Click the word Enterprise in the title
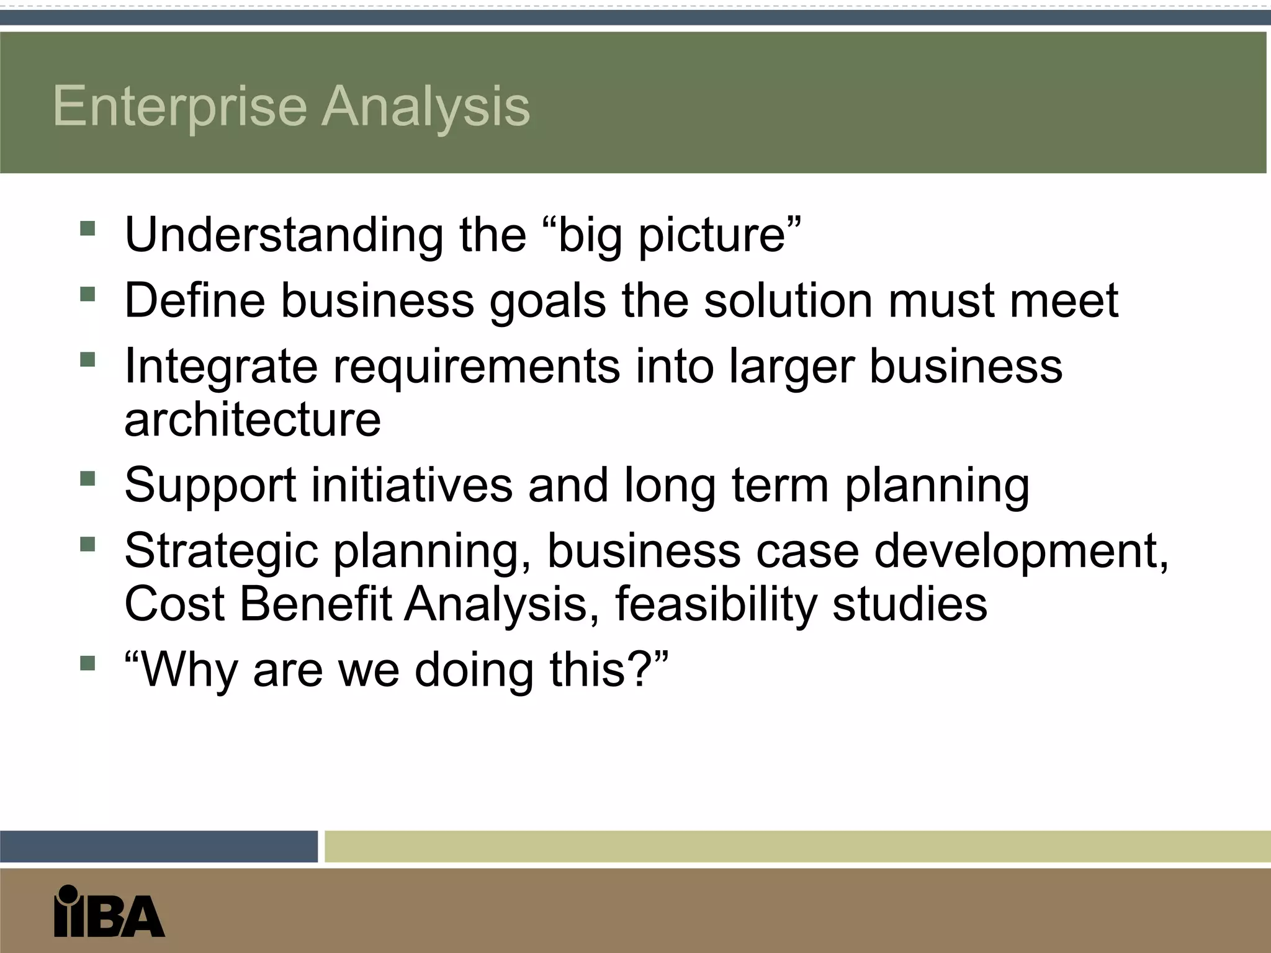point(180,107)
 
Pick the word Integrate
point(221,366)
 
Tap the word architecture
point(253,419)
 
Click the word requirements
point(477,366)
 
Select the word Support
point(210,486)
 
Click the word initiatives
point(411,485)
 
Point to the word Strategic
point(221,551)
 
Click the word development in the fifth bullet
point(1021,551)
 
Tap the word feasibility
point(716,604)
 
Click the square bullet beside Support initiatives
point(88,478)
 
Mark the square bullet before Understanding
point(88,228)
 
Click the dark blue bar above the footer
point(158,846)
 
